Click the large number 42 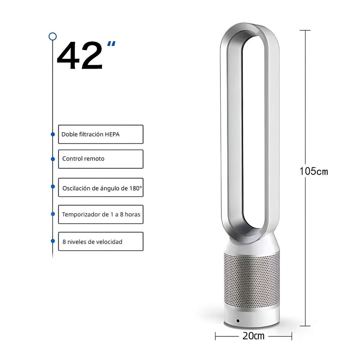tap(80, 55)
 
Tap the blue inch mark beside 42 tap(111, 44)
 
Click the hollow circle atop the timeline tap(53, 36)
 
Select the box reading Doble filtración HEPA tap(101, 134)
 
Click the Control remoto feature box tap(101, 159)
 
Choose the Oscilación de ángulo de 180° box tap(101, 187)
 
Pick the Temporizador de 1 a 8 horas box tap(101, 214)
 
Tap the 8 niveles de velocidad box tap(101, 241)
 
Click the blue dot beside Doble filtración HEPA tap(53, 134)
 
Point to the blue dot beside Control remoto tap(53, 159)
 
